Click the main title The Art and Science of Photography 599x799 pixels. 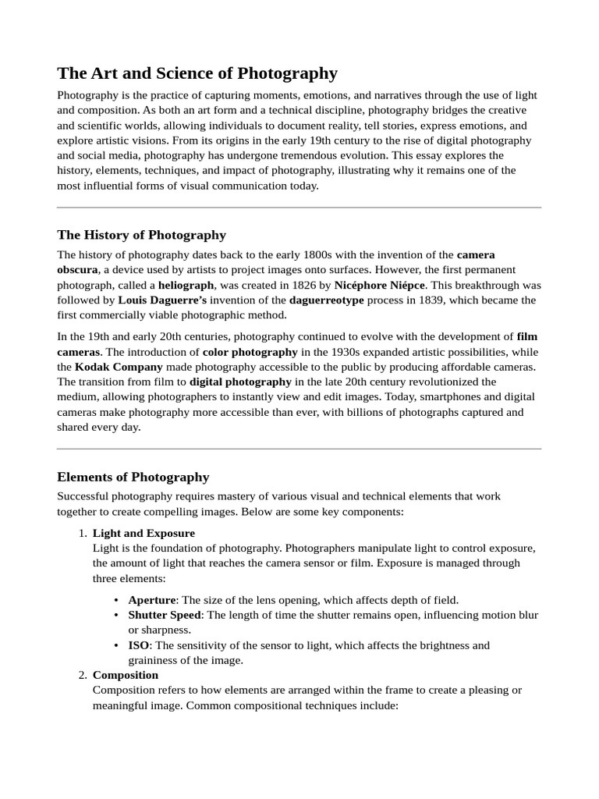coord(197,73)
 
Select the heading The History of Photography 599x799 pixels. coord(141,235)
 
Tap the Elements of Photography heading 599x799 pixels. coord(133,477)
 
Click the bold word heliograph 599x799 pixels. coord(186,285)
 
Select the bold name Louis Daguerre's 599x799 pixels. coord(162,300)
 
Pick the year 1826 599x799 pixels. coord(305,285)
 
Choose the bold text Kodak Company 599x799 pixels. coord(119,367)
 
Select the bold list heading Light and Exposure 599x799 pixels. coord(144,533)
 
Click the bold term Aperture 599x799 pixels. coord(152,600)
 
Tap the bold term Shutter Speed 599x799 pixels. coord(165,615)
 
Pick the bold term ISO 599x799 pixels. coord(138,645)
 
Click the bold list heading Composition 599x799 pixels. coord(125,675)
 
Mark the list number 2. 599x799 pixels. coord(82,675)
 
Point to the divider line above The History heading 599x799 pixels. coord(299,208)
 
